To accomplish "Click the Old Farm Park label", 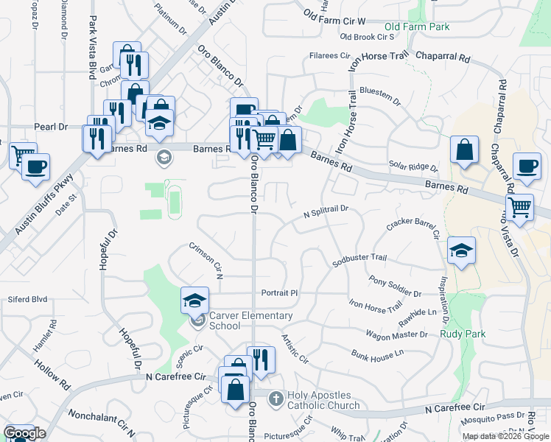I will tap(416, 27).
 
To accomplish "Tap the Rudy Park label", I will tap(463, 334).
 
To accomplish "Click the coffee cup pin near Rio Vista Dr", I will tap(526, 167).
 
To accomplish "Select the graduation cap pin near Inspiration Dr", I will tap(461, 250).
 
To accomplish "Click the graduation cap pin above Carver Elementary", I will tap(194, 299).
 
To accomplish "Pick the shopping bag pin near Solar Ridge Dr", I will tap(465, 150).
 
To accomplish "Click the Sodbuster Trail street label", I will tap(359, 258).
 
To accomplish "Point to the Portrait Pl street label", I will tap(278, 292).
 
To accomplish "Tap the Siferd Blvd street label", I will tap(27, 299).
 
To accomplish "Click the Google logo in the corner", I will tap(24, 432).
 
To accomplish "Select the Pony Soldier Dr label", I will tap(395, 287).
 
